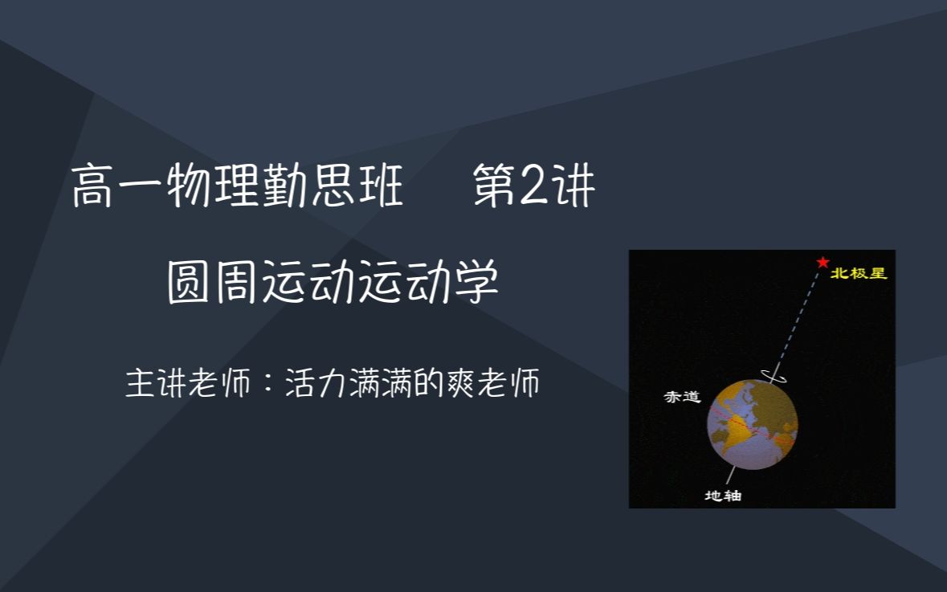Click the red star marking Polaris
click(822, 262)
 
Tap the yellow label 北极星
click(859, 273)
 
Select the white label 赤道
click(682, 397)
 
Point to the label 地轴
click(722, 496)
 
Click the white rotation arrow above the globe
click(775, 374)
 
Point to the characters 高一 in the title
click(118, 187)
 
